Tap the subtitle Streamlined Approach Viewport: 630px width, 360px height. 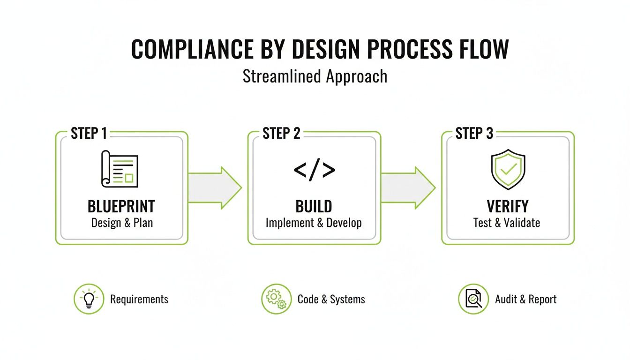[315, 76]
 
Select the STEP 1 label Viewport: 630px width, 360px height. [89, 134]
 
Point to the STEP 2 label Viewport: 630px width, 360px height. [281, 134]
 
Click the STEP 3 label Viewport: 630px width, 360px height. [474, 134]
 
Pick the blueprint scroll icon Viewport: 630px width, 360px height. [120, 168]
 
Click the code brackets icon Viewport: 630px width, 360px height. [315, 169]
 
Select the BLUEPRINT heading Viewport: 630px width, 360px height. [121, 206]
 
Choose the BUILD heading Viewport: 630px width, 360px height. [314, 206]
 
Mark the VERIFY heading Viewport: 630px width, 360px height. [507, 206]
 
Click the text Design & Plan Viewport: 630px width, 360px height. [122, 222]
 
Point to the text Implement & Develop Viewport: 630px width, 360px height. [314, 222]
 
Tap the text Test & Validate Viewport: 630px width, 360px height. [507, 222]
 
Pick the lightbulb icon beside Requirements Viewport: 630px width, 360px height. [89, 299]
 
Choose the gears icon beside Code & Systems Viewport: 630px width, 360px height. [276, 299]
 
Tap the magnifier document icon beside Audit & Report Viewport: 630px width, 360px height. [473, 299]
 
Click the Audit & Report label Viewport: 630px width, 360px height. [526, 299]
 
